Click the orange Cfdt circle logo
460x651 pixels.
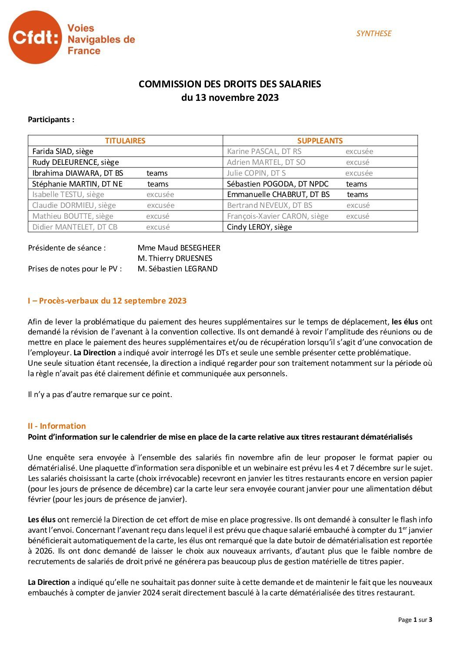coord(35,37)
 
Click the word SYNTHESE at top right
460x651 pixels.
coord(373,33)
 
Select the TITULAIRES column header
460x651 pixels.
coord(125,140)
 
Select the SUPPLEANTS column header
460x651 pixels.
coord(320,140)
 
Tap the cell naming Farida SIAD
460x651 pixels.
coord(63,151)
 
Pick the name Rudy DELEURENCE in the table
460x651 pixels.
coord(75,162)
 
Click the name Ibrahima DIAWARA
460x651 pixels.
coord(77,173)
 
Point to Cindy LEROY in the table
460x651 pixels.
coord(259,227)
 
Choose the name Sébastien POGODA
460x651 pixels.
coord(277,184)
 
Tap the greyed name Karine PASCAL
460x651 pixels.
coord(264,151)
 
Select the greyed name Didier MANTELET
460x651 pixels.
coord(75,227)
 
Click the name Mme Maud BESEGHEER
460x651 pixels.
coord(179,248)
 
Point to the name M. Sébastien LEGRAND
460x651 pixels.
coord(177,269)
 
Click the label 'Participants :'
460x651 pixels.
coord(51,120)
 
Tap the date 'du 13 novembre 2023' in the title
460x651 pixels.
coord(230,97)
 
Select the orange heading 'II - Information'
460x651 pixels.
coord(57,426)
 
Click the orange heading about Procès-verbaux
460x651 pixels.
coord(107,301)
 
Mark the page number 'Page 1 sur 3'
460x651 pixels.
coord(415,620)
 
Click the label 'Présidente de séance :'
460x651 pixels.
coord(67,248)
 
